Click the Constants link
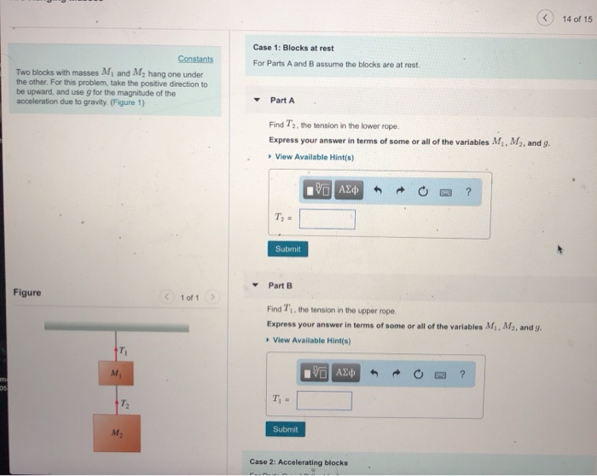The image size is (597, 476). (195, 59)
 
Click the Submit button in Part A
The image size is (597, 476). (287, 249)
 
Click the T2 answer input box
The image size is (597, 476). (327, 219)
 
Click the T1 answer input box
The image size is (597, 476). (324, 400)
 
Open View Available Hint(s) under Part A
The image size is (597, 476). (314, 157)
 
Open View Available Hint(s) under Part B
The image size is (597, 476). (312, 341)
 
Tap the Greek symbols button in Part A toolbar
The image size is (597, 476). (350, 190)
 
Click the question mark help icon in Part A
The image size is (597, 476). (468, 191)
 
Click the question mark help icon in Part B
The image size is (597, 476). (462, 373)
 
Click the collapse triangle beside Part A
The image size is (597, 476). (257, 101)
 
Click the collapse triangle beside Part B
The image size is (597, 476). (255, 286)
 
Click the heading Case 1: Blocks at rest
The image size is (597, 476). (293, 48)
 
